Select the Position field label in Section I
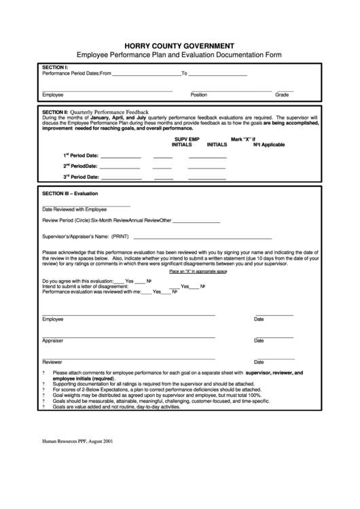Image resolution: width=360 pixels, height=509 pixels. click(198, 95)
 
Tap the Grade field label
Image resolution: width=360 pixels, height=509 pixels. click(282, 95)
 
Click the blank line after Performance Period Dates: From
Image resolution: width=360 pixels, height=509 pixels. click(145, 73)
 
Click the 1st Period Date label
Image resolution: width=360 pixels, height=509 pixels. click(81, 156)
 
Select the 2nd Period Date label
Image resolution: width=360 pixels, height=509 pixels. click(81, 166)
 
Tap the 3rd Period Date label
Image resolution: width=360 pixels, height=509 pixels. click(81, 177)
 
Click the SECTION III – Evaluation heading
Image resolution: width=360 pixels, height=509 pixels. click(71, 194)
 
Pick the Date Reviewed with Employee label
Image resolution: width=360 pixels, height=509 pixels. click(74, 209)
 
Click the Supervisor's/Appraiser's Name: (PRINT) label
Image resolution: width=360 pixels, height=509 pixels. click(86, 236)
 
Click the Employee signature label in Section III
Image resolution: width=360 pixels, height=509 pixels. click(53, 319)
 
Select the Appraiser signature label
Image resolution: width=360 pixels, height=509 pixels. click(53, 340)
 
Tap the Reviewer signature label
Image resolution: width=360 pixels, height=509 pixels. click(52, 362)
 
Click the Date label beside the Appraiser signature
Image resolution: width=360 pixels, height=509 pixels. click(259, 340)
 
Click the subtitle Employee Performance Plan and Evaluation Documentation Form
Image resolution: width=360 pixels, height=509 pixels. click(180, 54)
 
